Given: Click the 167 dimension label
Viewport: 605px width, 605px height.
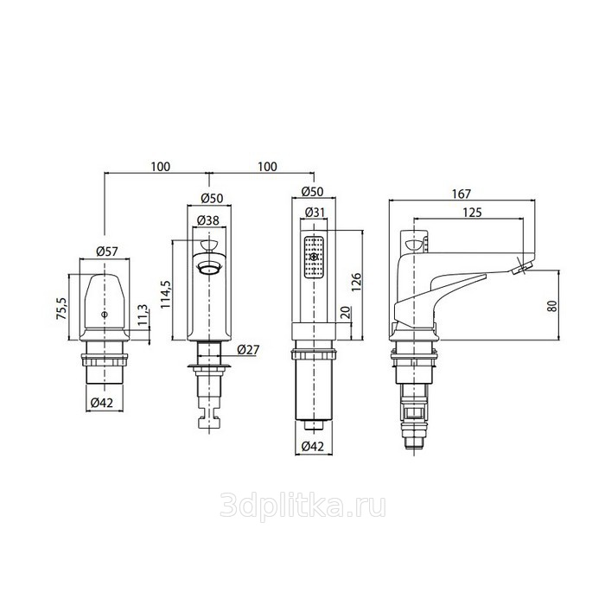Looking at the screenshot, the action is (x=462, y=194).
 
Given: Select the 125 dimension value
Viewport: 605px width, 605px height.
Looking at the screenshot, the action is (x=472, y=213).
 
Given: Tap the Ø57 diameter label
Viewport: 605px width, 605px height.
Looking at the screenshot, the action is (x=107, y=252).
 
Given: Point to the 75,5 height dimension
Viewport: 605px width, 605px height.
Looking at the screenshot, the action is (x=62, y=308).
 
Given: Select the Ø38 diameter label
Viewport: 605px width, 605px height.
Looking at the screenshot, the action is (x=208, y=220).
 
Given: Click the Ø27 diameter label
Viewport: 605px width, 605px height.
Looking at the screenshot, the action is (x=249, y=349).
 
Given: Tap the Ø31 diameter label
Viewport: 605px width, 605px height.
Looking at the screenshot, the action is (x=315, y=213).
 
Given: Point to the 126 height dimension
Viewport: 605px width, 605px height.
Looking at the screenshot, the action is (x=356, y=282).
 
